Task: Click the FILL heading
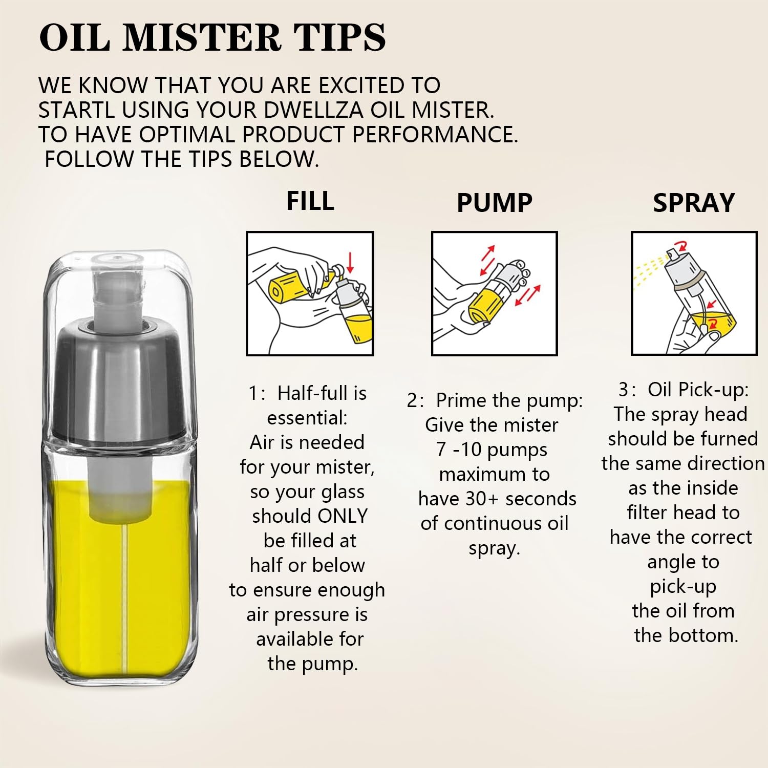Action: click(x=310, y=201)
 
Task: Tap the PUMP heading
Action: click(x=495, y=203)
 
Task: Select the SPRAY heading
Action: click(x=694, y=203)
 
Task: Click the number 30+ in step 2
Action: click(x=481, y=499)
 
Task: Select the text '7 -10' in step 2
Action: click(x=459, y=450)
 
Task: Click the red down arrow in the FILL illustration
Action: click(x=350, y=263)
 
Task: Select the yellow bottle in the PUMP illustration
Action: click(x=483, y=305)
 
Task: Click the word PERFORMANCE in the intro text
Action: click(x=435, y=135)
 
